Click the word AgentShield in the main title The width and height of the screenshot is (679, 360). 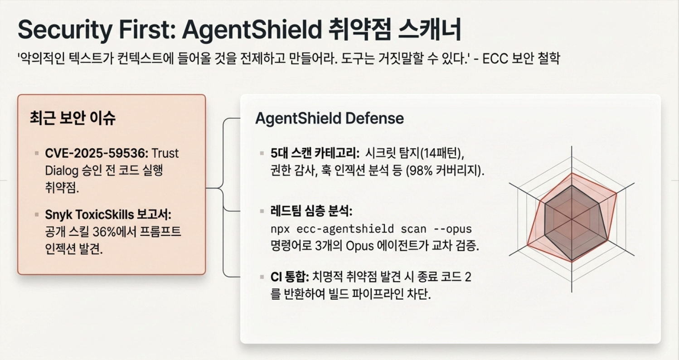pos(252,30)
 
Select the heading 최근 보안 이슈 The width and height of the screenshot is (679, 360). pos(73,118)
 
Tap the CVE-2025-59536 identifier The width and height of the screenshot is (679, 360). pos(97,153)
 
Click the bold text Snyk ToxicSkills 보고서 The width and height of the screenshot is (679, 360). pos(108,214)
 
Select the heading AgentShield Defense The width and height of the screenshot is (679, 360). pos(330,118)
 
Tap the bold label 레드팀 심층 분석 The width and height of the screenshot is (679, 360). pos(311,211)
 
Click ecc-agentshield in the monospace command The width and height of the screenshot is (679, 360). pos(345,229)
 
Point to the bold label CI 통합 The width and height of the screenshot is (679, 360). pos(290,277)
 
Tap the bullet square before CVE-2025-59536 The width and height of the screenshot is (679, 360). pos(37,153)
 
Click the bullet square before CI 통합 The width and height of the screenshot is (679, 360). pos(262,277)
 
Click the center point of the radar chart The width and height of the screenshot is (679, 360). pos(572,219)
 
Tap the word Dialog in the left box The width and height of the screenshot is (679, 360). pos(62,171)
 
